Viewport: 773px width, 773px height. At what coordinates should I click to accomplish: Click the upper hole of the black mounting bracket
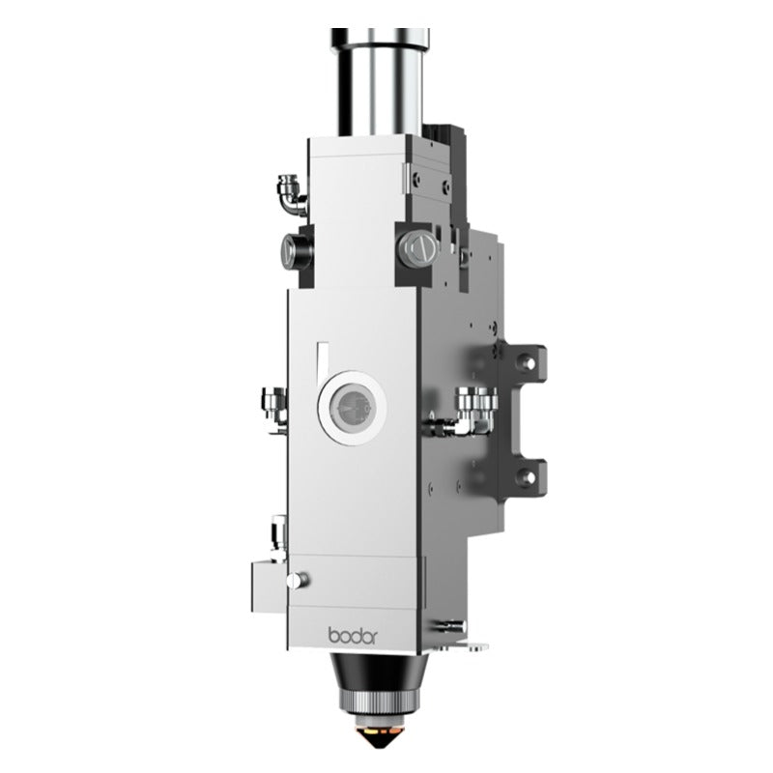525,361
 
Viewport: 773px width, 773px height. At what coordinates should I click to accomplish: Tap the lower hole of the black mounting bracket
525,474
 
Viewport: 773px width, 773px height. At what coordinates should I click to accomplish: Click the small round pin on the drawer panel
304,580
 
